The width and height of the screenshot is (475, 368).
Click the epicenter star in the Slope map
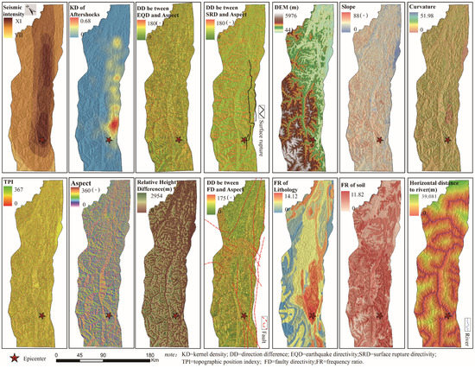[377, 140]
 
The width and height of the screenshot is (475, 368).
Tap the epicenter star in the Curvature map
[446, 140]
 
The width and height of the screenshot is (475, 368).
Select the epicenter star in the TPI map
[40, 317]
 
